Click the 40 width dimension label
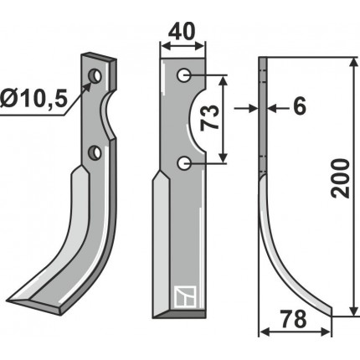tap(181, 32)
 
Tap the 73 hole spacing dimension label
tap(210, 118)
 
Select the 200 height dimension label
tap(340, 178)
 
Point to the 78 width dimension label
tap(293, 319)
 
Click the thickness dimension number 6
tap(300, 106)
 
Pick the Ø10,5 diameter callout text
tap(33, 100)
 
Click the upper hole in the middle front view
tap(184, 75)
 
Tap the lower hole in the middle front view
tap(184, 163)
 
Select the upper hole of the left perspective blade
tap(95, 76)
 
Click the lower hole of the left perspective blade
tap(95, 152)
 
